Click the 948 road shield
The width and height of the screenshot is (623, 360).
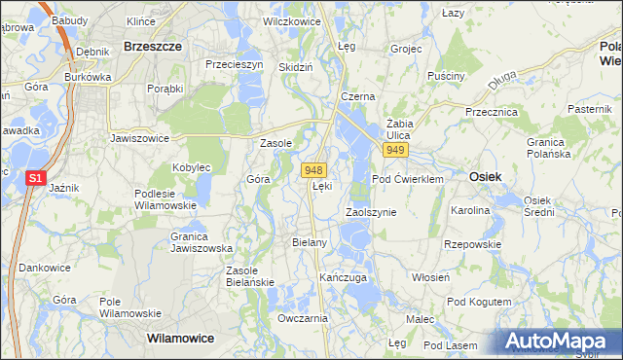[312, 169]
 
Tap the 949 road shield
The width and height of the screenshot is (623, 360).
[394, 151]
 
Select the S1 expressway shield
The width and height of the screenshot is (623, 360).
[35, 178]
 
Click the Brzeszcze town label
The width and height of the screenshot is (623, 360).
[150, 45]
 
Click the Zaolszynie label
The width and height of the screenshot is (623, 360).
[371, 211]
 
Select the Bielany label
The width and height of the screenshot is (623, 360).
[309, 241]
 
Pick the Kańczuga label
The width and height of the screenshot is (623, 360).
[343, 278]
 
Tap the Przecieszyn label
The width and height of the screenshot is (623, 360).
[235, 64]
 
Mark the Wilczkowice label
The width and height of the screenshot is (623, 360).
[290, 19]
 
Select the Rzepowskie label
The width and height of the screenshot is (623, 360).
[471, 244]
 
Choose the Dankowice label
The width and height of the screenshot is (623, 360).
[45, 267]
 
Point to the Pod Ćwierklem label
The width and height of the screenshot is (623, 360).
[408, 179]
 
